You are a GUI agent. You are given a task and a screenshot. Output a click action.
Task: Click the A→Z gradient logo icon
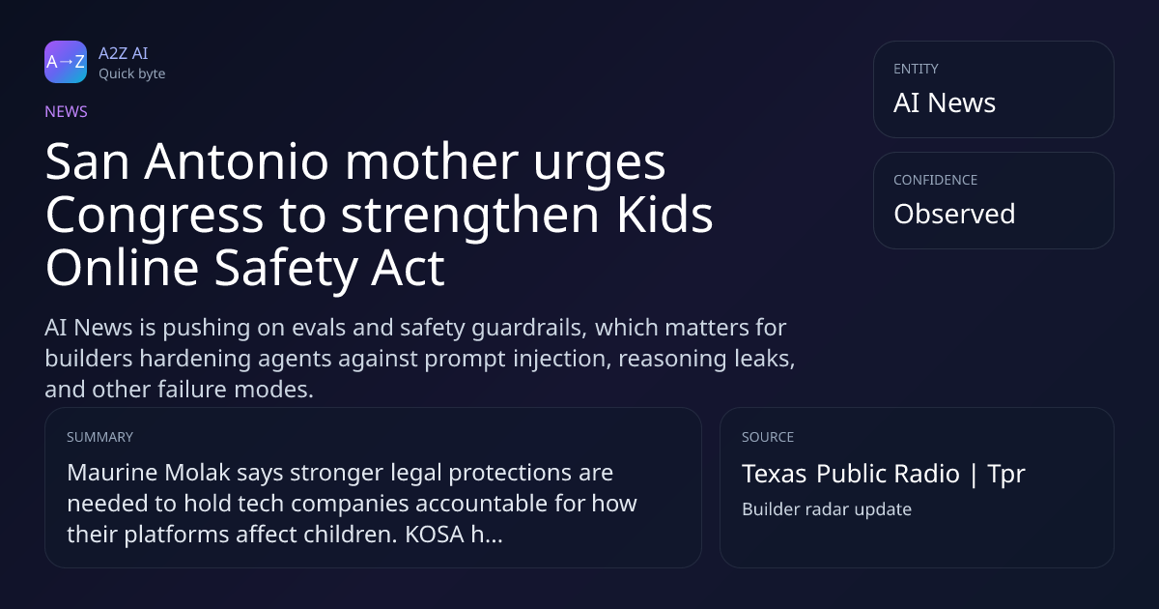click(x=66, y=62)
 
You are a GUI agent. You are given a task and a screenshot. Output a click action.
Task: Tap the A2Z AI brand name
click(x=124, y=53)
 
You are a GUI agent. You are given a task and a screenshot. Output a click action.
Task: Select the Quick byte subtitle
click(x=132, y=74)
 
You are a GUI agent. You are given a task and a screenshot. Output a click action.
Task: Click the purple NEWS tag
click(x=67, y=111)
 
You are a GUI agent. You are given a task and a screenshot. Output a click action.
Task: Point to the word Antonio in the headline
click(x=237, y=161)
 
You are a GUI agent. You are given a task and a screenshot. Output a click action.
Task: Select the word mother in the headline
click(x=432, y=161)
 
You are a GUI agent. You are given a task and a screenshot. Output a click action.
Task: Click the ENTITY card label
click(x=916, y=69)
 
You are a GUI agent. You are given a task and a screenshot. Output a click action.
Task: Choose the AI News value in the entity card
click(x=945, y=102)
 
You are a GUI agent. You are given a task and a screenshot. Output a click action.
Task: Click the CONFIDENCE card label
click(x=936, y=180)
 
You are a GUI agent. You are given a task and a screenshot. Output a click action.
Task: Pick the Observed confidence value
click(x=954, y=214)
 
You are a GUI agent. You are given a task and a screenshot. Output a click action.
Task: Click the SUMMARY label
click(x=99, y=437)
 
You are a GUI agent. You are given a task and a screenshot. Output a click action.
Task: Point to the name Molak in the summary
click(x=197, y=473)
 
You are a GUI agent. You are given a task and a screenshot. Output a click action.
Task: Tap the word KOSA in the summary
click(x=435, y=535)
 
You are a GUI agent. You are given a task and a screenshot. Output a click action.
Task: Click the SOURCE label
click(x=768, y=437)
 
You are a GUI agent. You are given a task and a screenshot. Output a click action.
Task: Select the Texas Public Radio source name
click(x=851, y=474)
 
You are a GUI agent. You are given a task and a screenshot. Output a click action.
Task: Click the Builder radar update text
click(x=827, y=509)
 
